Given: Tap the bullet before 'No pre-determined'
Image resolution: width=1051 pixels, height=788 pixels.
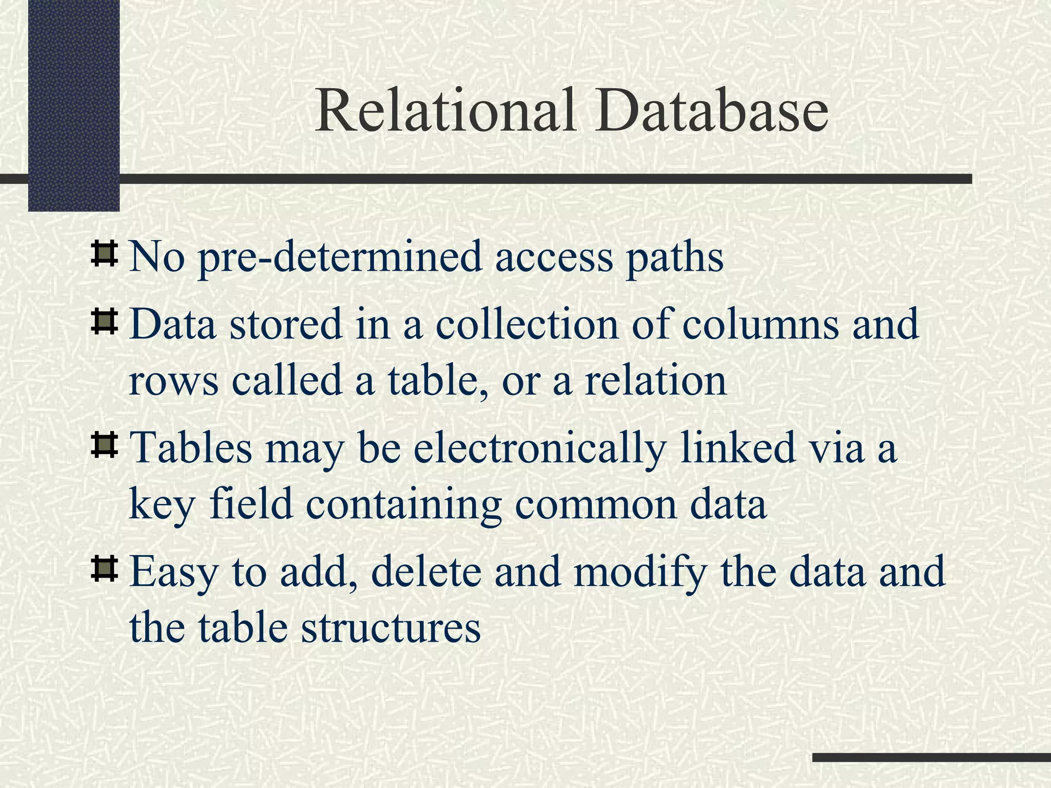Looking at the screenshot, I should click(x=104, y=255).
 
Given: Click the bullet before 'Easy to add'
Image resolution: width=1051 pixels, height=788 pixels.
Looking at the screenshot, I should click(x=104, y=570).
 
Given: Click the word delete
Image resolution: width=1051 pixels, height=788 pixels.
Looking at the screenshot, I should click(x=426, y=572).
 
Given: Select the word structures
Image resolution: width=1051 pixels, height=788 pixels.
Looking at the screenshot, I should click(x=391, y=629).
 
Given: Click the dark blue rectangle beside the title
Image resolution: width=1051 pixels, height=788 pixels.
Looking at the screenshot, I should click(x=73, y=103).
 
